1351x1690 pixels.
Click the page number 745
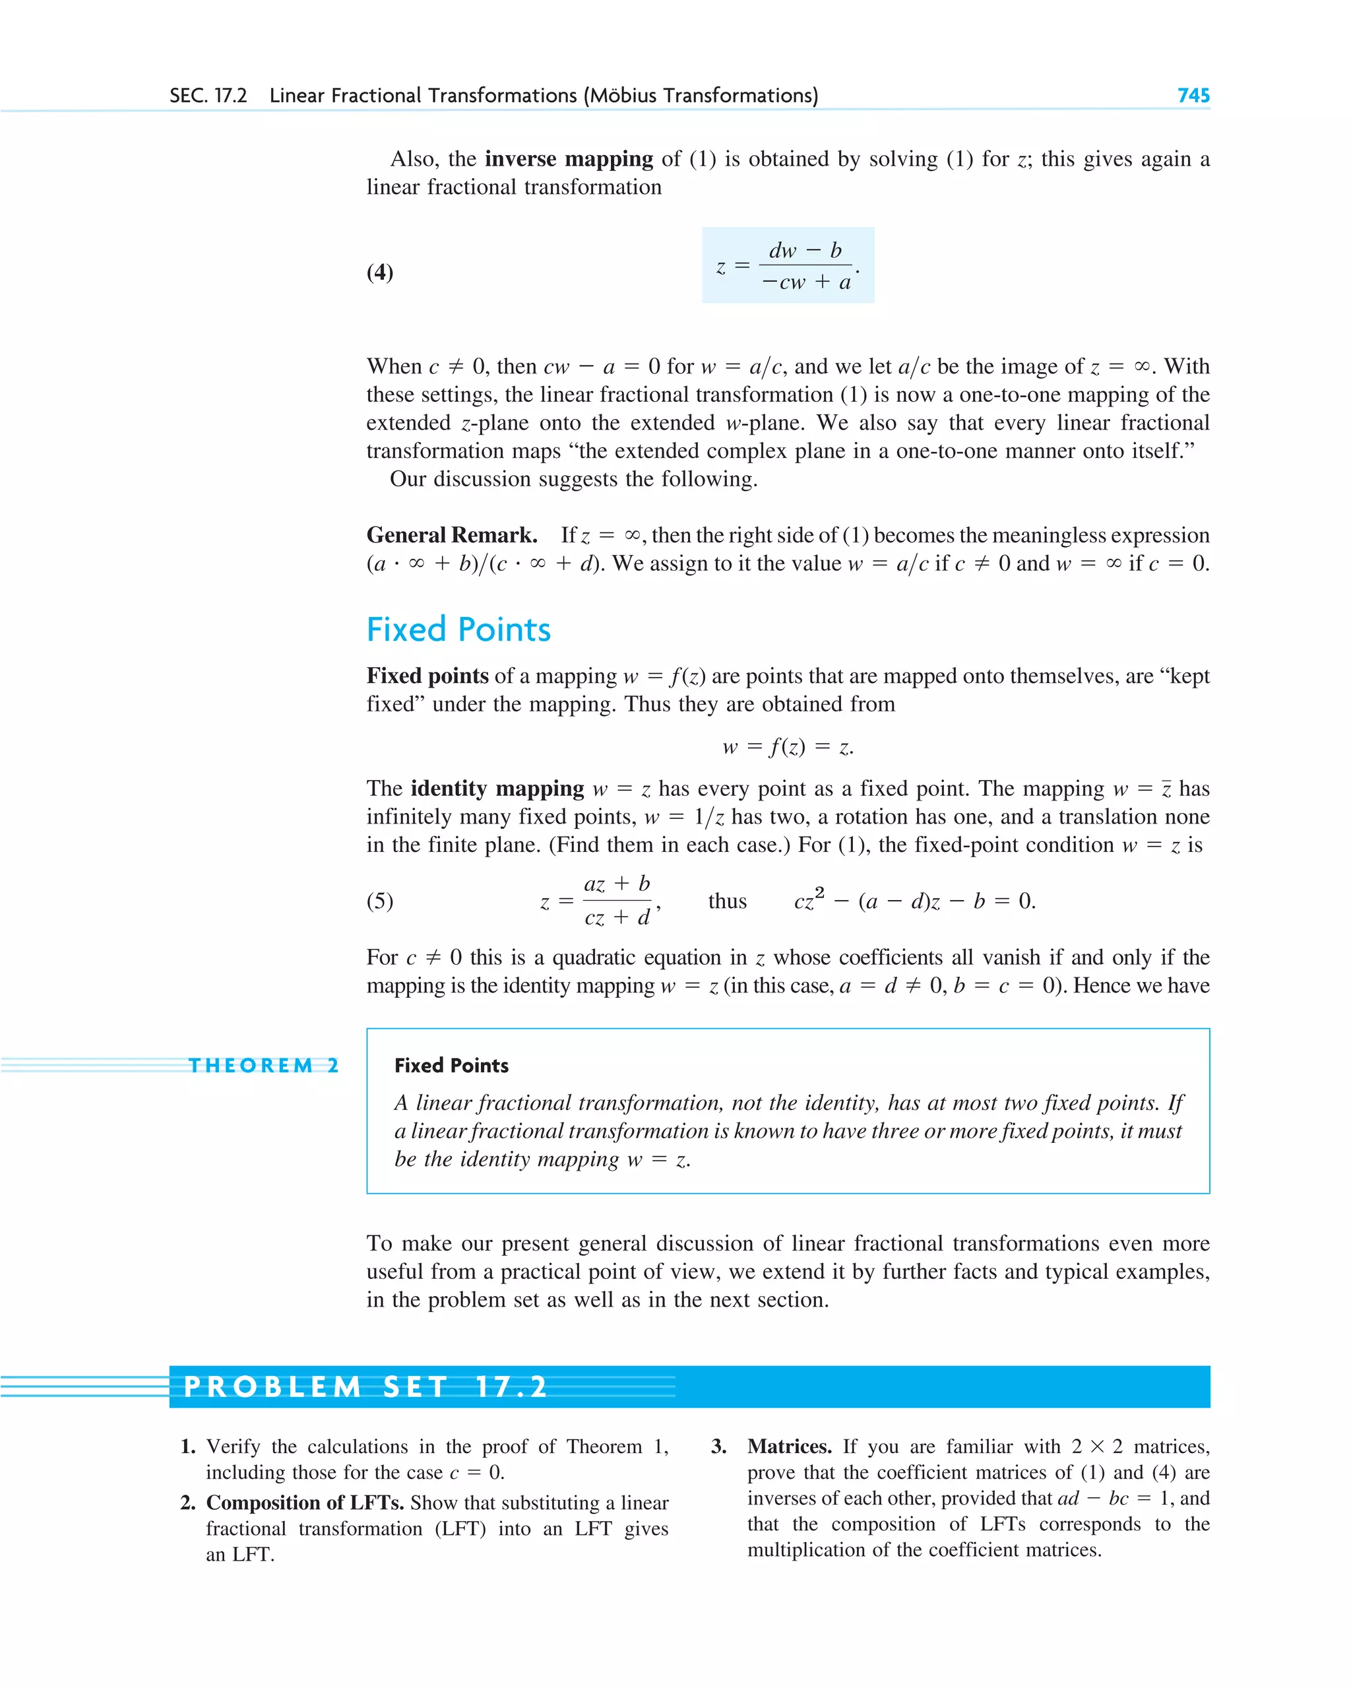coord(1193,96)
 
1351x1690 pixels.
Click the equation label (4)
coord(380,272)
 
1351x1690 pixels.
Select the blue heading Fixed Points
coord(458,630)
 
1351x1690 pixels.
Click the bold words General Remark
coord(452,535)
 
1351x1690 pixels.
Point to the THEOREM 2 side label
coord(263,1065)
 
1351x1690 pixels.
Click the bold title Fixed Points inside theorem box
coord(451,1065)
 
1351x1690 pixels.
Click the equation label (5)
coord(380,901)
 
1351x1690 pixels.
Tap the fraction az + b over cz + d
coord(617,901)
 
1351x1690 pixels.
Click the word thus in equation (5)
coord(727,901)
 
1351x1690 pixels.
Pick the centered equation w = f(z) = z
coord(788,746)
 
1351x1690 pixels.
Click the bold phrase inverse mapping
coord(569,159)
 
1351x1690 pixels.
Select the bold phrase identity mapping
coord(497,789)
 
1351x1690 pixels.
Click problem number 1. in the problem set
coord(188,1446)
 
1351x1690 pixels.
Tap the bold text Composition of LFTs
coord(305,1503)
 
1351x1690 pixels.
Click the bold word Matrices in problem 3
coord(789,1446)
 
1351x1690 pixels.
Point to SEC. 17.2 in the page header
coord(208,96)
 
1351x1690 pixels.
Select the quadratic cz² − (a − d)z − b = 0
coord(914,901)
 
